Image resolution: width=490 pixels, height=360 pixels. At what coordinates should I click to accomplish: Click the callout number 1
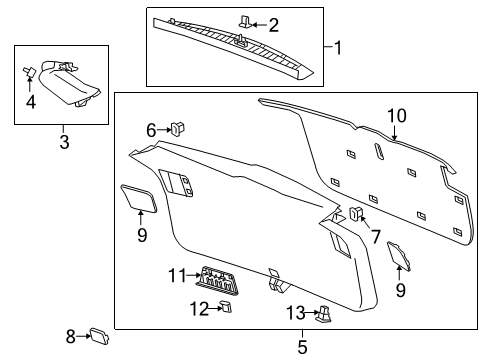pyautogui.click(x=337, y=46)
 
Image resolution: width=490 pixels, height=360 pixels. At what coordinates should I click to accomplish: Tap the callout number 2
pyautogui.click(x=273, y=23)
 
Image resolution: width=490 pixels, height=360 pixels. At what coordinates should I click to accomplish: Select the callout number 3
pyautogui.click(x=63, y=143)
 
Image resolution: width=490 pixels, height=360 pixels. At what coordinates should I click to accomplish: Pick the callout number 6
pyautogui.click(x=152, y=129)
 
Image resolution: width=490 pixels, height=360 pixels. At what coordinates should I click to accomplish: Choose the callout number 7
pyautogui.click(x=377, y=236)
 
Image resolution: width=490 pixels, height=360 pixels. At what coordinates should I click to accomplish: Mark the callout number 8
pyautogui.click(x=71, y=336)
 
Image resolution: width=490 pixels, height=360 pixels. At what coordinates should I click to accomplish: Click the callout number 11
pyautogui.click(x=178, y=274)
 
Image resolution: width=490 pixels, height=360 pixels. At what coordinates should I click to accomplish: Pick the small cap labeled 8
pyautogui.click(x=99, y=335)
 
